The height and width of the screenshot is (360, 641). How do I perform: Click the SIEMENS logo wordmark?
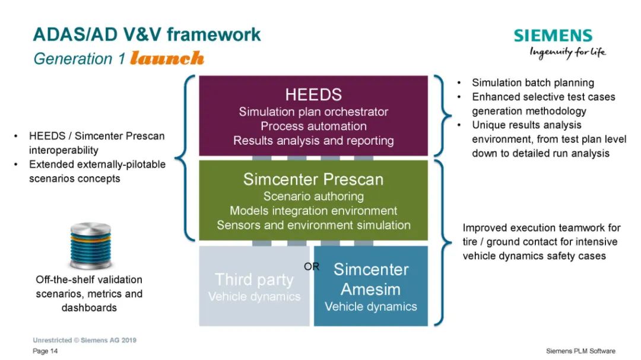point(553,36)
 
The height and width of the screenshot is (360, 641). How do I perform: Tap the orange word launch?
point(167,58)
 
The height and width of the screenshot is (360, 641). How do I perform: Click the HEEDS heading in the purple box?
point(313,95)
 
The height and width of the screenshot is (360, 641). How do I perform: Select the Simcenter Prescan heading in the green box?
point(313,179)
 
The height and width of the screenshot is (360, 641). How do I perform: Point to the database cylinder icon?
point(90,246)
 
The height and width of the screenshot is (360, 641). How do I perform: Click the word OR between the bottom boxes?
point(312,266)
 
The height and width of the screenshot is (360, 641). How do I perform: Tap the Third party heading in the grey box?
point(254,280)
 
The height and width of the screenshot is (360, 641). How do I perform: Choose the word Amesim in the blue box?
point(371,289)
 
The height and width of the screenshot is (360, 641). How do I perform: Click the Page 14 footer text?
point(45,351)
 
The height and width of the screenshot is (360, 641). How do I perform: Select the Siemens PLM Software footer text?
point(580,351)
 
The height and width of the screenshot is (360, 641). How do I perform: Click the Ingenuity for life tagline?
point(568,52)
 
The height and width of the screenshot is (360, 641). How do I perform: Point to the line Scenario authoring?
point(313,196)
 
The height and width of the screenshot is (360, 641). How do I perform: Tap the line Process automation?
point(313,126)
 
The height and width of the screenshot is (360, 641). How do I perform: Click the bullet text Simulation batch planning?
point(533,83)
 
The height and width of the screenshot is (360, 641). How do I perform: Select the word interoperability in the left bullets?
point(64,151)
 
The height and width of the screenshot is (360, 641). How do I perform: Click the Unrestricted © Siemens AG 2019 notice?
point(85,340)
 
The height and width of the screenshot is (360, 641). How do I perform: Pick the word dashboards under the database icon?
point(89,308)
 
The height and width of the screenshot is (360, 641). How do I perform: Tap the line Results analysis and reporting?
point(313,141)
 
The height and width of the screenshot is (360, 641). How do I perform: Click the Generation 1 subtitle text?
point(80,59)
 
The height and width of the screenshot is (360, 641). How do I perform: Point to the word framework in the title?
point(214,34)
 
